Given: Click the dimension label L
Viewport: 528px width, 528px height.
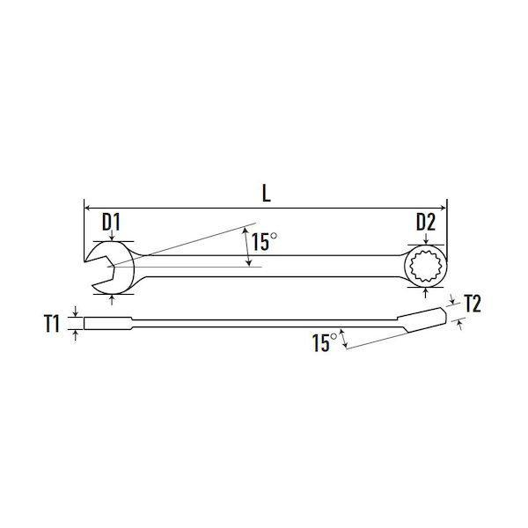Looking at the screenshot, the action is (267, 194).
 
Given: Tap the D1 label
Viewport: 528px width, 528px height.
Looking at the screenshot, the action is (111, 223).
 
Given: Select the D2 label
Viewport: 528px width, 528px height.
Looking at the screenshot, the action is (426, 223).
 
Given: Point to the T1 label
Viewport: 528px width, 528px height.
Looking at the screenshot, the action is (52, 324).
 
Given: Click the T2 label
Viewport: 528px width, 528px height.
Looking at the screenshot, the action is (472, 304).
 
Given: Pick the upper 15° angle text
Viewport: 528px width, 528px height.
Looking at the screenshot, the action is (264, 242).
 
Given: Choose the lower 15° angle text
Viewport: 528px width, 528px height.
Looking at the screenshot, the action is (325, 343).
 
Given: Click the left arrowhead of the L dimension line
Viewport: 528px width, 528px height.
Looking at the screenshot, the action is (86, 208).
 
